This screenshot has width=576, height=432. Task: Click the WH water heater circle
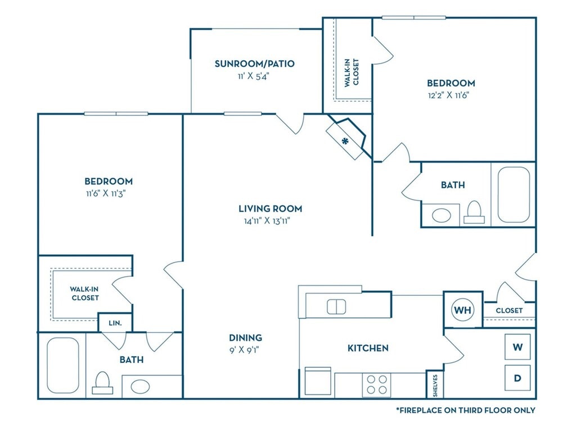(x=462, y=310)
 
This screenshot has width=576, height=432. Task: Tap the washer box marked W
(x=517, y=346)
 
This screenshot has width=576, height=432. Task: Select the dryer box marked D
(x=517, y=378)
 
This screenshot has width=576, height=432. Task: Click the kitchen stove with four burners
(x=376, y=385)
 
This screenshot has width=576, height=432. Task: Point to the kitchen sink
(x=336, y=307)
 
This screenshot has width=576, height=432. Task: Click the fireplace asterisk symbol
(x=345, y=141)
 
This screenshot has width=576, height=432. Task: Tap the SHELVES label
(x=435, y=385)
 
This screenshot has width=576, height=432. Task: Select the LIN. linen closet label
(x=115, y=323)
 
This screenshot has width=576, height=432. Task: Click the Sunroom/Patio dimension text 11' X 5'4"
(x=254, y=76)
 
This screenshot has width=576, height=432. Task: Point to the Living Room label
(x=271, y=209)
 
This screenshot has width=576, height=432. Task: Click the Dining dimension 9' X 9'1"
(x=245, y=350)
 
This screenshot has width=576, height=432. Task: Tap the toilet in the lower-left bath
(x=102, y=382)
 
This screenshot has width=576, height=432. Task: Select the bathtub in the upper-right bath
(x=514, y=195)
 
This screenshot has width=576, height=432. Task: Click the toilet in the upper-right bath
(x=474, y=212)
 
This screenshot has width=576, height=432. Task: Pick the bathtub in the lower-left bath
(x=63, y=366)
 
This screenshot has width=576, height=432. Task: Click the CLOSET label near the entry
(x=509, y=310)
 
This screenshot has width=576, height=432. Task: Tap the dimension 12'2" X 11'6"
(x=448, y=95)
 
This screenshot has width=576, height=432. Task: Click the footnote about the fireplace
(x=465, y=410)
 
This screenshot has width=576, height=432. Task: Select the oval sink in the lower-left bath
(x=140, y=386)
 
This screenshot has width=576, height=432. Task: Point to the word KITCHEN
(x=368, y=348)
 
